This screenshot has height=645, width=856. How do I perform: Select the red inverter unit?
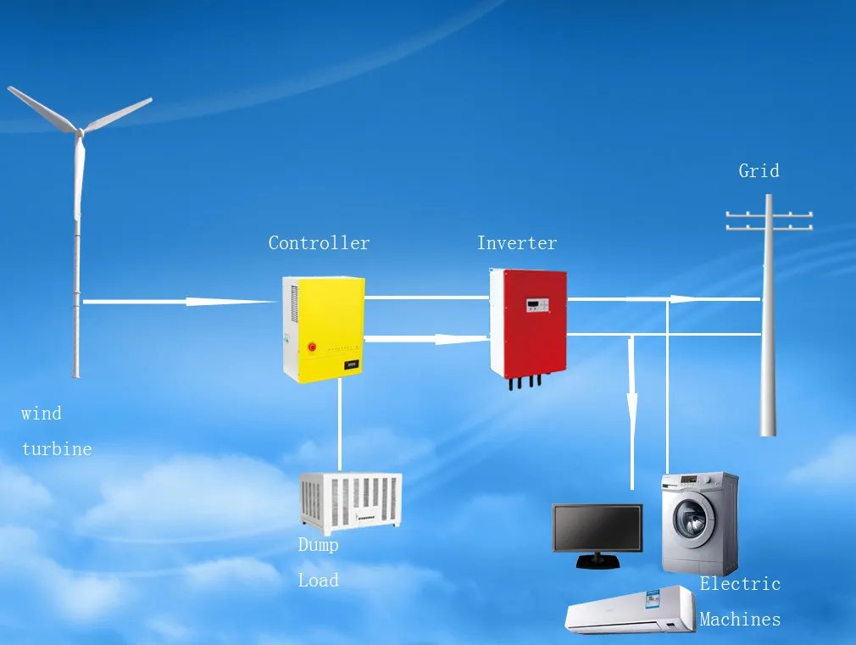(528, 322)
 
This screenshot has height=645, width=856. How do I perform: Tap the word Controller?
(319, 243)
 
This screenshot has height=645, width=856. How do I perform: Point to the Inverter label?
(516, 243)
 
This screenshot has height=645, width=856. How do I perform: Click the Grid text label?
(759, 171)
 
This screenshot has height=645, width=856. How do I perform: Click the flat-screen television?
(597, 529)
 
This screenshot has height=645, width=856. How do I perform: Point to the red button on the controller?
(311, 347)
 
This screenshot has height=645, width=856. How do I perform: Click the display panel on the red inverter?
(536, 303)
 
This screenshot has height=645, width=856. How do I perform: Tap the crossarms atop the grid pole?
(769, 220)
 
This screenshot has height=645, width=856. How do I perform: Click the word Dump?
(318, 545)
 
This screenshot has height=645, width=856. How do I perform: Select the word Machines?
(739, 620)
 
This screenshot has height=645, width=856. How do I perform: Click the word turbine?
(57, 449)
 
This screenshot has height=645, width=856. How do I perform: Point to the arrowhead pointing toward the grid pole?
(686, 298)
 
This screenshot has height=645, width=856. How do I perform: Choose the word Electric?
(739, 584)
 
